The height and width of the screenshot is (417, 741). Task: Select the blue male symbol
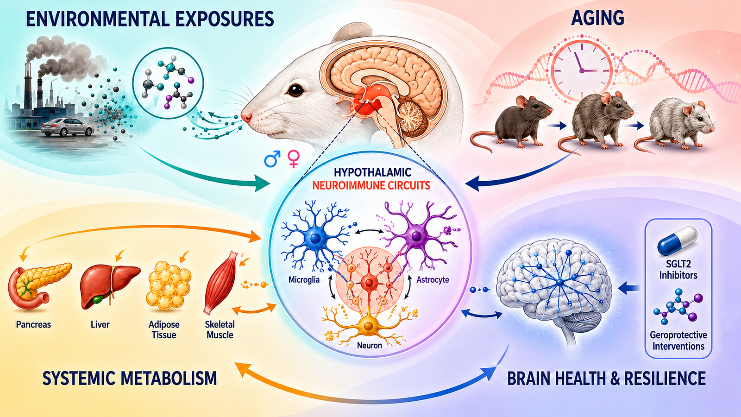(272, 158)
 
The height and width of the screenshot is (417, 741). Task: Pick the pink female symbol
(294, 158)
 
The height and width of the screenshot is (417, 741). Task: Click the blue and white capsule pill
(677, 240)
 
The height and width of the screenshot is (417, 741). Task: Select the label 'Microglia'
(304, 280)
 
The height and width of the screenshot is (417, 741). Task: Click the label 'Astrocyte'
(433, 280)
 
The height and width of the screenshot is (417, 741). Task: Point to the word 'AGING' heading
(597, 18)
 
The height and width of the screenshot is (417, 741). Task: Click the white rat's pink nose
(246, 116)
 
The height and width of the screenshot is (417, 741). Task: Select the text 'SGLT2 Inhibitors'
(678, 269)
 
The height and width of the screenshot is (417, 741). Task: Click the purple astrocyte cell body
(416, 236)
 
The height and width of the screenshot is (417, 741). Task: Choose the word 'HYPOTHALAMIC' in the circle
(372, 172)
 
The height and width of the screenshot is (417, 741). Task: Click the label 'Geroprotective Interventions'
(678, 341)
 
